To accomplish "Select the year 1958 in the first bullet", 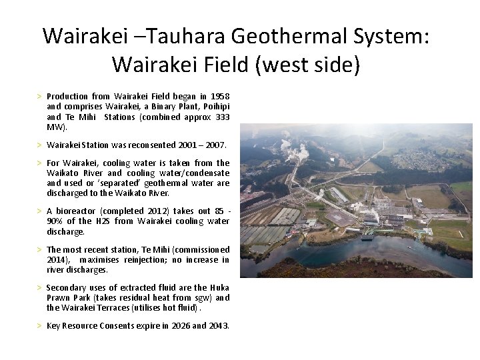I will (x=219, y=97).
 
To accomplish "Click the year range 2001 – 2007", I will (x=203, y=145).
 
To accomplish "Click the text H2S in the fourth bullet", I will (x=102, y=221).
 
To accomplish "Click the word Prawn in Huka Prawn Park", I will (x=62, y=298).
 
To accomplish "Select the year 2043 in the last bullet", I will (x=218, y=326).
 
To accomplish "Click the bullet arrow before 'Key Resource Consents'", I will (x=39, y=326).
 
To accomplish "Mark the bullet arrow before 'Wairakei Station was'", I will (x=39, y=145).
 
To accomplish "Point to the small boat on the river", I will (x=367, y=237).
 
